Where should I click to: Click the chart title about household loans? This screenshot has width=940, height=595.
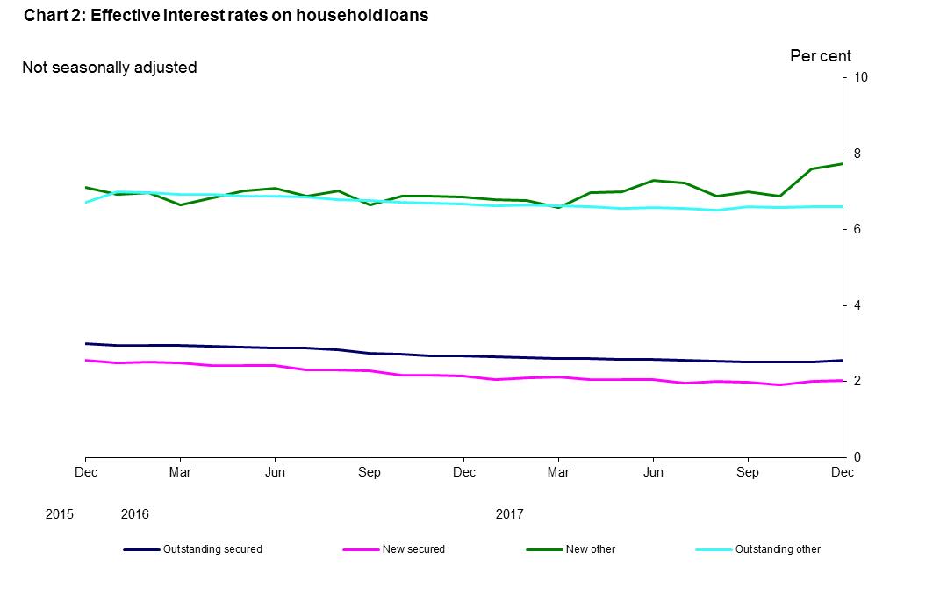226,15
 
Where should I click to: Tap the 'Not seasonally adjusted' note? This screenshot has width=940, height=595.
109,67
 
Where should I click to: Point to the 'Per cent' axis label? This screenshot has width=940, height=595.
820,56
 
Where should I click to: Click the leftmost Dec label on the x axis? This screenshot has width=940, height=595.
86,472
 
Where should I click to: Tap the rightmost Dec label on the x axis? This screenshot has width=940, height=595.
842,472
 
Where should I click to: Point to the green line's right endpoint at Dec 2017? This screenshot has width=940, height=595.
843,164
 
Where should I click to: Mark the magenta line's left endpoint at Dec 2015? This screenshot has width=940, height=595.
86,360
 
